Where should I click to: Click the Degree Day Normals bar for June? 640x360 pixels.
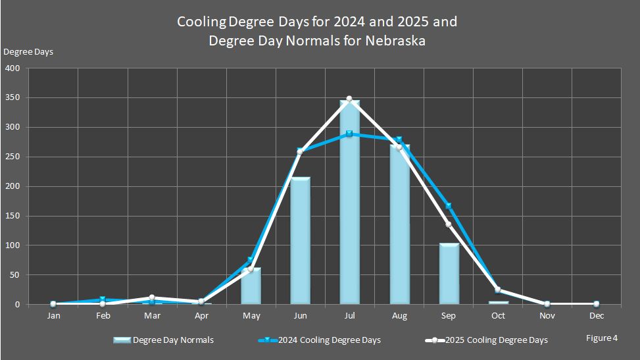300,241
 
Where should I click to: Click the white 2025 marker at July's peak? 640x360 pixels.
349,99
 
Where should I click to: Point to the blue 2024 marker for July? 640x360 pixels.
349,134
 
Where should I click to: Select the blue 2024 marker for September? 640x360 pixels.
449,206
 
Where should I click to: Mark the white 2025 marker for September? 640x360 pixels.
449,224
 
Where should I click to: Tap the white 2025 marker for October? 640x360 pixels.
498,290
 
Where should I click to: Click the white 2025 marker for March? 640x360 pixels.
152,297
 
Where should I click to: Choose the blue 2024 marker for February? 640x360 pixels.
103,299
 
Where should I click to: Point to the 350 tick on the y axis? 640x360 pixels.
13,97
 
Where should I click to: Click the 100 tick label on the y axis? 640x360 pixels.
13,245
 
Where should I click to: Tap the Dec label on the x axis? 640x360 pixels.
597,316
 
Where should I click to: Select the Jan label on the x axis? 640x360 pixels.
53,316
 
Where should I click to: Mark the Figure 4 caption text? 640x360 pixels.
601,338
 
